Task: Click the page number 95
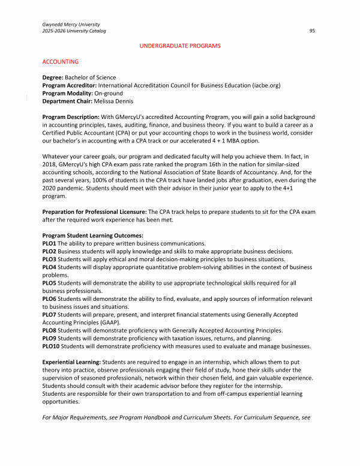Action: [313, 30]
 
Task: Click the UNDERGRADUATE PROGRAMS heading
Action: [180, 46]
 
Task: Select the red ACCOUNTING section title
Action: [61, 62]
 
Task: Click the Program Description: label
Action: [71, 116]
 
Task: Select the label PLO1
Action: [50, 243]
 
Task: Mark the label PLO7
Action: [50, 313]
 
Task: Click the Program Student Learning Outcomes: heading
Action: [93, 235]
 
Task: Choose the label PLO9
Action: [50, 337]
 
